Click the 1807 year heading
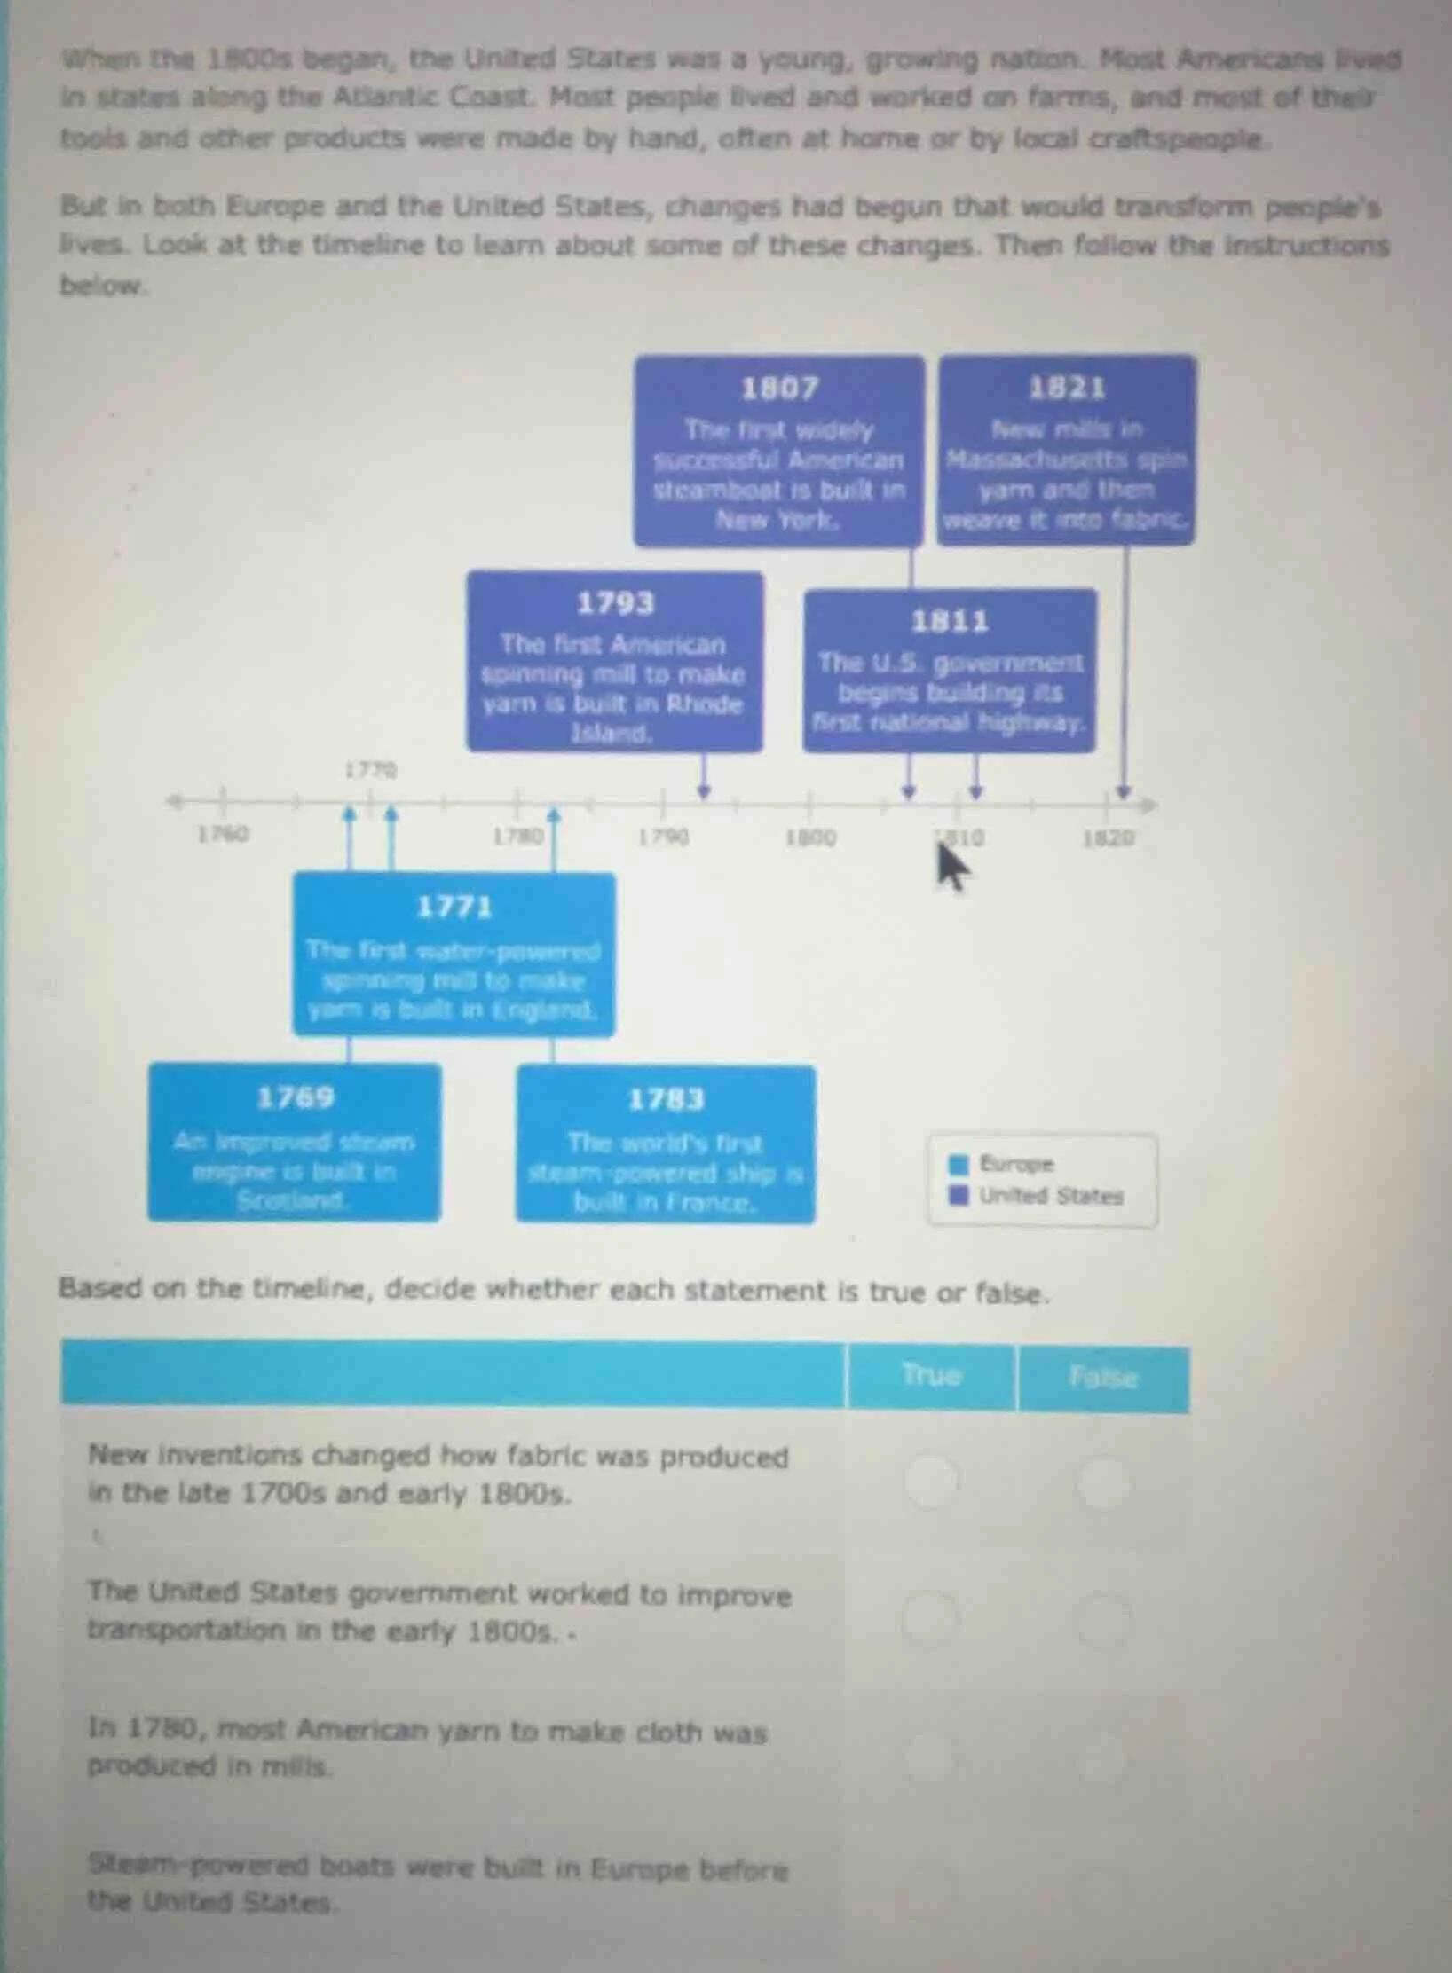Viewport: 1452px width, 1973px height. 779,388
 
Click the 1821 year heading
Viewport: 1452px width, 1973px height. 1067,388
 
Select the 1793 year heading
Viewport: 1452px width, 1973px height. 615,603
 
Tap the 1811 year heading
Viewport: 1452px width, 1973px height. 950,621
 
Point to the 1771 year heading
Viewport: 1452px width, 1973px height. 454,907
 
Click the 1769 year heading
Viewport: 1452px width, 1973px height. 295,1098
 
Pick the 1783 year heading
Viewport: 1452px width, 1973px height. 666,1100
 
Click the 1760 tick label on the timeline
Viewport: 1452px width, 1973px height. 223,834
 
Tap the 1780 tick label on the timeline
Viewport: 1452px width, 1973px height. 518,836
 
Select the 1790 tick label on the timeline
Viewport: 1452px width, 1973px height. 664,837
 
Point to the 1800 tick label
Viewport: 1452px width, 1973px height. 810,837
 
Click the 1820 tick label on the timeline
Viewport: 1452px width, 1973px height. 1108,837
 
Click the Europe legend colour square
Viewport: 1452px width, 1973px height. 959,1164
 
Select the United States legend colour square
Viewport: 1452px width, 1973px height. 959,1196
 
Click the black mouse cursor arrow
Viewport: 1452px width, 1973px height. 951,868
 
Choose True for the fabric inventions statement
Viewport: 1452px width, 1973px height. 931,1480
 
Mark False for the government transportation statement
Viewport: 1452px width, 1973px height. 1103,1620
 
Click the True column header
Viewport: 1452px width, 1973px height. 931,1376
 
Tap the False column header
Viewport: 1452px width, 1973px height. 1103,1378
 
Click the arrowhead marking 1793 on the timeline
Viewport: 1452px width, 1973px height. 704,790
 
